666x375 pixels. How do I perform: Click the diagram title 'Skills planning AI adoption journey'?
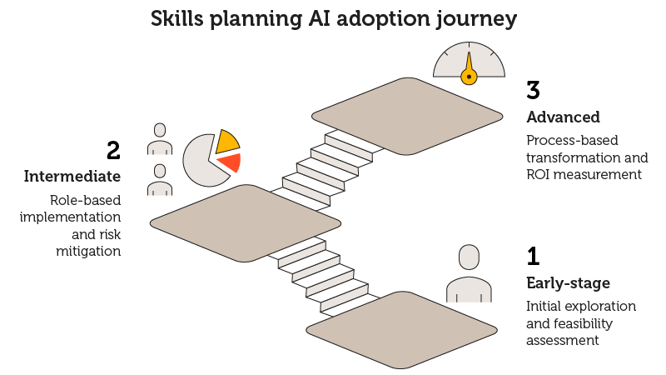(x=333, y=19)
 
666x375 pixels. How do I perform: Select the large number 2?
(x=113, y=151)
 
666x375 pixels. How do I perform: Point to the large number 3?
(x=534, y=90)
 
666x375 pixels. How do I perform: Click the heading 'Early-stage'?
(x=568, y=282)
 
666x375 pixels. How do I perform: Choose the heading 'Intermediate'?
(x=72, y=177)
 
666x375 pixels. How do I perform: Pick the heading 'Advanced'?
(x=564, y=117)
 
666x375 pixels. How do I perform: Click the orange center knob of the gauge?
(x=469, y=77)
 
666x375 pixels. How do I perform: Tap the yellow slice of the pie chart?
(x=226, y=142)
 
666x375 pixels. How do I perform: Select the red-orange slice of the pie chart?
(x=231, y=162)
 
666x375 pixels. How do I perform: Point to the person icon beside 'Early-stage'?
(x=469, y=274)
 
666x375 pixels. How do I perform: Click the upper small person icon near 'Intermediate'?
(x=160, y=139)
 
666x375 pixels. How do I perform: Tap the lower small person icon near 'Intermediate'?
(x=160, y=179)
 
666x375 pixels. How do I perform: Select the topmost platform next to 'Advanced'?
(x=407, y=116)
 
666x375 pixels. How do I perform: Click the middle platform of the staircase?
(x=246, y=222)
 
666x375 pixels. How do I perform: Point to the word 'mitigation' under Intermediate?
(x=89, y=251)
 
